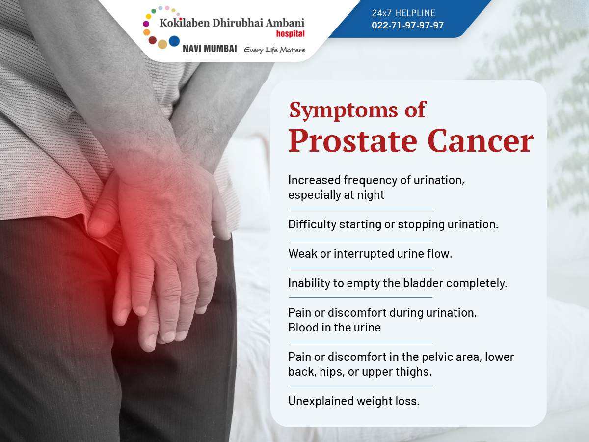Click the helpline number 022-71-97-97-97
click(407, 25)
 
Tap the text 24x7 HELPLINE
click(403, 13)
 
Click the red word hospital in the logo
click(291, 34)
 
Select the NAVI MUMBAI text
click(210, 49)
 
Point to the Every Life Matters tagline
click(274, 50)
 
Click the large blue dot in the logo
click(174, 41)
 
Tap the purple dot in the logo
click(146, 24)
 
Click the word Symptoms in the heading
click(344, 110)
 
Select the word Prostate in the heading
click(353, 141)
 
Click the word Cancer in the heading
click(481, 141)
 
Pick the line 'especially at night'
click(336, 195)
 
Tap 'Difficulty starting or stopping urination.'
click(393, 224)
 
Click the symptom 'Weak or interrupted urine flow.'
click(370, 253)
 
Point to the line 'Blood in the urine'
click(335, 328)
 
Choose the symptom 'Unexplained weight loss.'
click(354, 401)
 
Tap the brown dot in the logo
click(153, 40)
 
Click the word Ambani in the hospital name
click(285, 23)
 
